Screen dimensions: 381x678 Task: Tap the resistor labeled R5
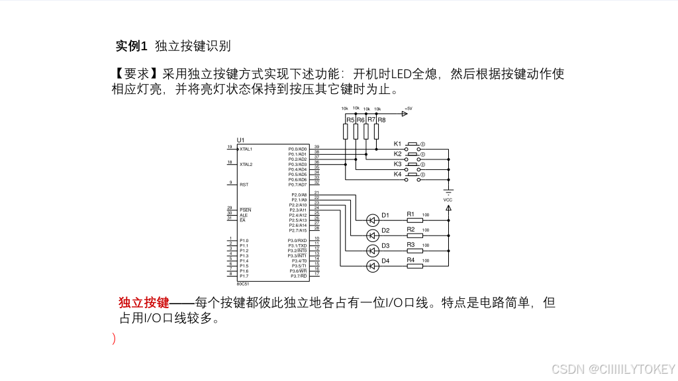tap(346, 132)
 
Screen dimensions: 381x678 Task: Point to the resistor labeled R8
tap(377, 132)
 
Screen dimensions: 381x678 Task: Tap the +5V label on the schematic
tap(408, 108)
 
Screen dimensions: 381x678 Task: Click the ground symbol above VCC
tap(448, 190)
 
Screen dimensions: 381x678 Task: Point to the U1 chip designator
tap(240, 140)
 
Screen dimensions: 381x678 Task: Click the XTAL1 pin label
tap(246, 149)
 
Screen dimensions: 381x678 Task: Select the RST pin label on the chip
tap(244, 185)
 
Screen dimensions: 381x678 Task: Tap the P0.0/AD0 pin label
tap(297, 149)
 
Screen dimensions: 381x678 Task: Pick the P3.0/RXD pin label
tap(297, 240)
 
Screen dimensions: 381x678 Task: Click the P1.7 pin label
tap(244, 276)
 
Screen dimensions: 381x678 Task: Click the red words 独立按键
tap(144, 303)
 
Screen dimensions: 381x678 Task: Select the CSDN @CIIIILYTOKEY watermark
tap(613, 368)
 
